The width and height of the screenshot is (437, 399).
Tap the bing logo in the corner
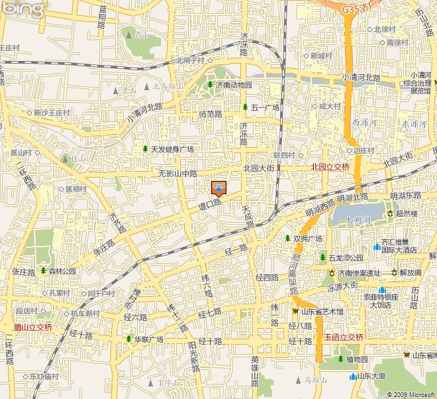[x=24, y=8]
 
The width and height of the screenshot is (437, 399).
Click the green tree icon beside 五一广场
[x=245, y=107]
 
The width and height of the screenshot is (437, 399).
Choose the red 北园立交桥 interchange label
[x=330, y=167]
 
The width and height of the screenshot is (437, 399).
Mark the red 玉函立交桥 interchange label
[x=344, y=337]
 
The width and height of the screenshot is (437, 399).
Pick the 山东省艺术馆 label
[x=322, y=312]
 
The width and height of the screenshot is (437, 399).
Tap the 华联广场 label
[x=149, y=339]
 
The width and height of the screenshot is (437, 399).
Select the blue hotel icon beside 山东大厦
[x=352, y=376]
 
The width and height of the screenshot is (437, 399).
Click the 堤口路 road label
[x=210, y=205]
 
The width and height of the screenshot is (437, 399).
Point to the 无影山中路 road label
[x=178, y=174]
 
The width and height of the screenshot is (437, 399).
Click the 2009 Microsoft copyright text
[x=411, y=394]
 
